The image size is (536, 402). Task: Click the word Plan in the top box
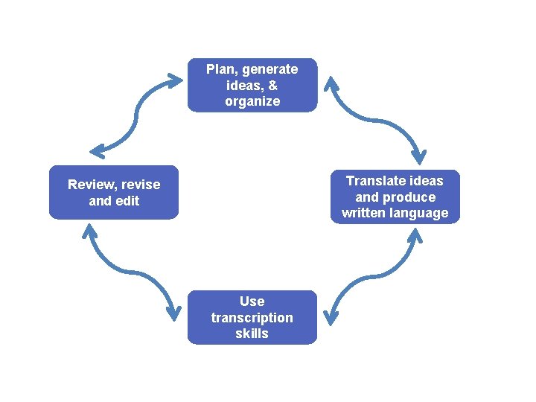pyautogui.click(x=220, y=69)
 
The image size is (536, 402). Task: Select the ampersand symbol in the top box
pyautogui.click(x=272, y=86)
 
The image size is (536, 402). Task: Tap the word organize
pyautogui.click(x=252, y=101)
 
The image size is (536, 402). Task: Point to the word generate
pyautogui.click(x=269, y=69)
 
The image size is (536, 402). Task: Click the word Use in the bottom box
pyautogui.click(x=252, y=301)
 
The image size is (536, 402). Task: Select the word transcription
pyautogui.click(x=252, y=318)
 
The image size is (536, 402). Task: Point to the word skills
pyautogui.click(x=252, y=334)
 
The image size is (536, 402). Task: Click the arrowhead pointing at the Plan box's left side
pyautogui.click(x=176, y=76)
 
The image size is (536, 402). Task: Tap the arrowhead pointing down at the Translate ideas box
pyautogui.click(x=421, y=157)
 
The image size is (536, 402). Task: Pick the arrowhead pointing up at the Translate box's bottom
pyautogui.click(x=415, y=236)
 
